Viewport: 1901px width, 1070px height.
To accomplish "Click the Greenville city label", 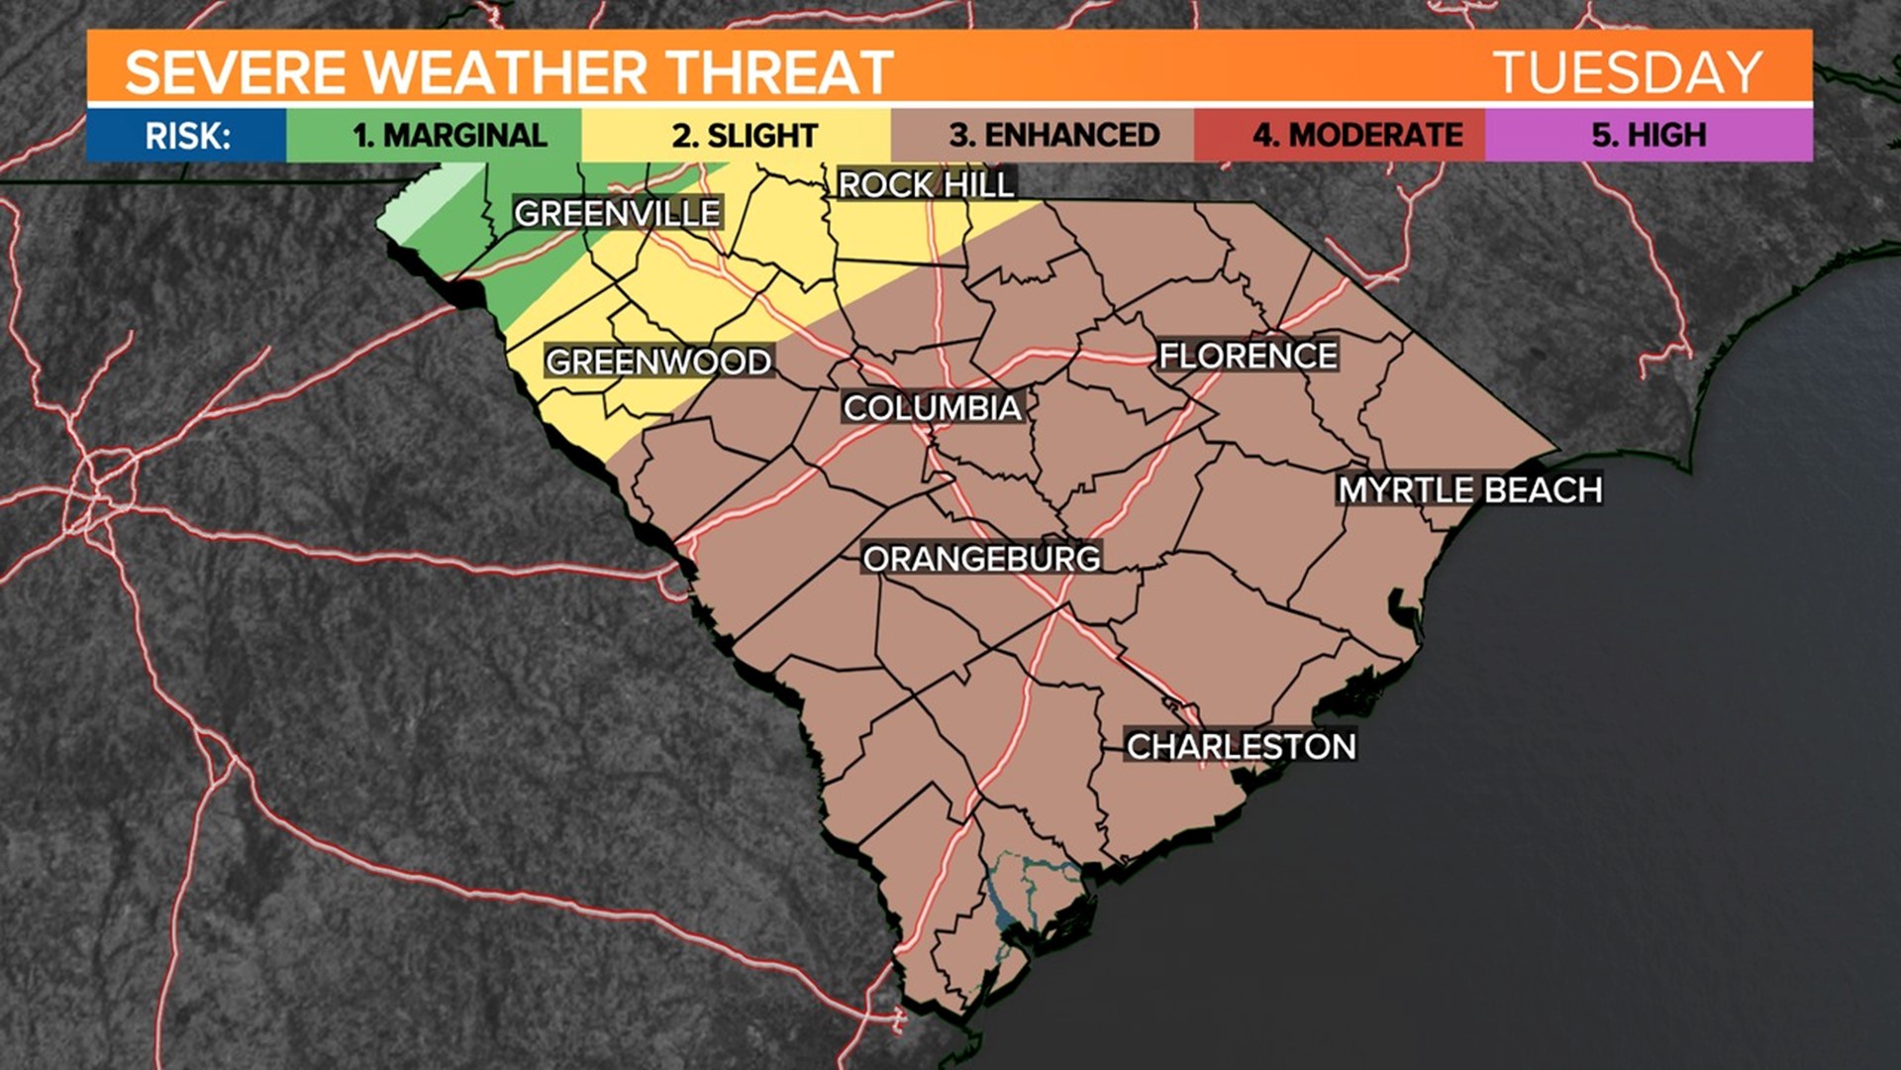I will (617, 213).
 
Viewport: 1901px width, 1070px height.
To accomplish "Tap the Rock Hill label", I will (926, 184).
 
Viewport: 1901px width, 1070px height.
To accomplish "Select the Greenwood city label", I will (658, 362).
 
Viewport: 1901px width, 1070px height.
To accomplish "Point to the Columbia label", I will (932, 407).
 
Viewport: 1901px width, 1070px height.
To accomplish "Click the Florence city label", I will (1248, 356).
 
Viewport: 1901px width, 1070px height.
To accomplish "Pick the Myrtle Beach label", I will (1469, 489).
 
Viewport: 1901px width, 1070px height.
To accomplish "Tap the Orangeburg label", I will (981, 559).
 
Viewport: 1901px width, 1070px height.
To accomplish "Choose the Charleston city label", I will (1241, 746).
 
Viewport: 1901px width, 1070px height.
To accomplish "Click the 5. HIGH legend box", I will (1649, 135).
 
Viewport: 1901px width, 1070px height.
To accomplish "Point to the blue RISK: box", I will (187, 135).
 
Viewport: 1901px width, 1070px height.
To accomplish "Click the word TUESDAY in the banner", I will (1628, 72).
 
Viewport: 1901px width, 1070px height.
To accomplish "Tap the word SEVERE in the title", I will (236, 72).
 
